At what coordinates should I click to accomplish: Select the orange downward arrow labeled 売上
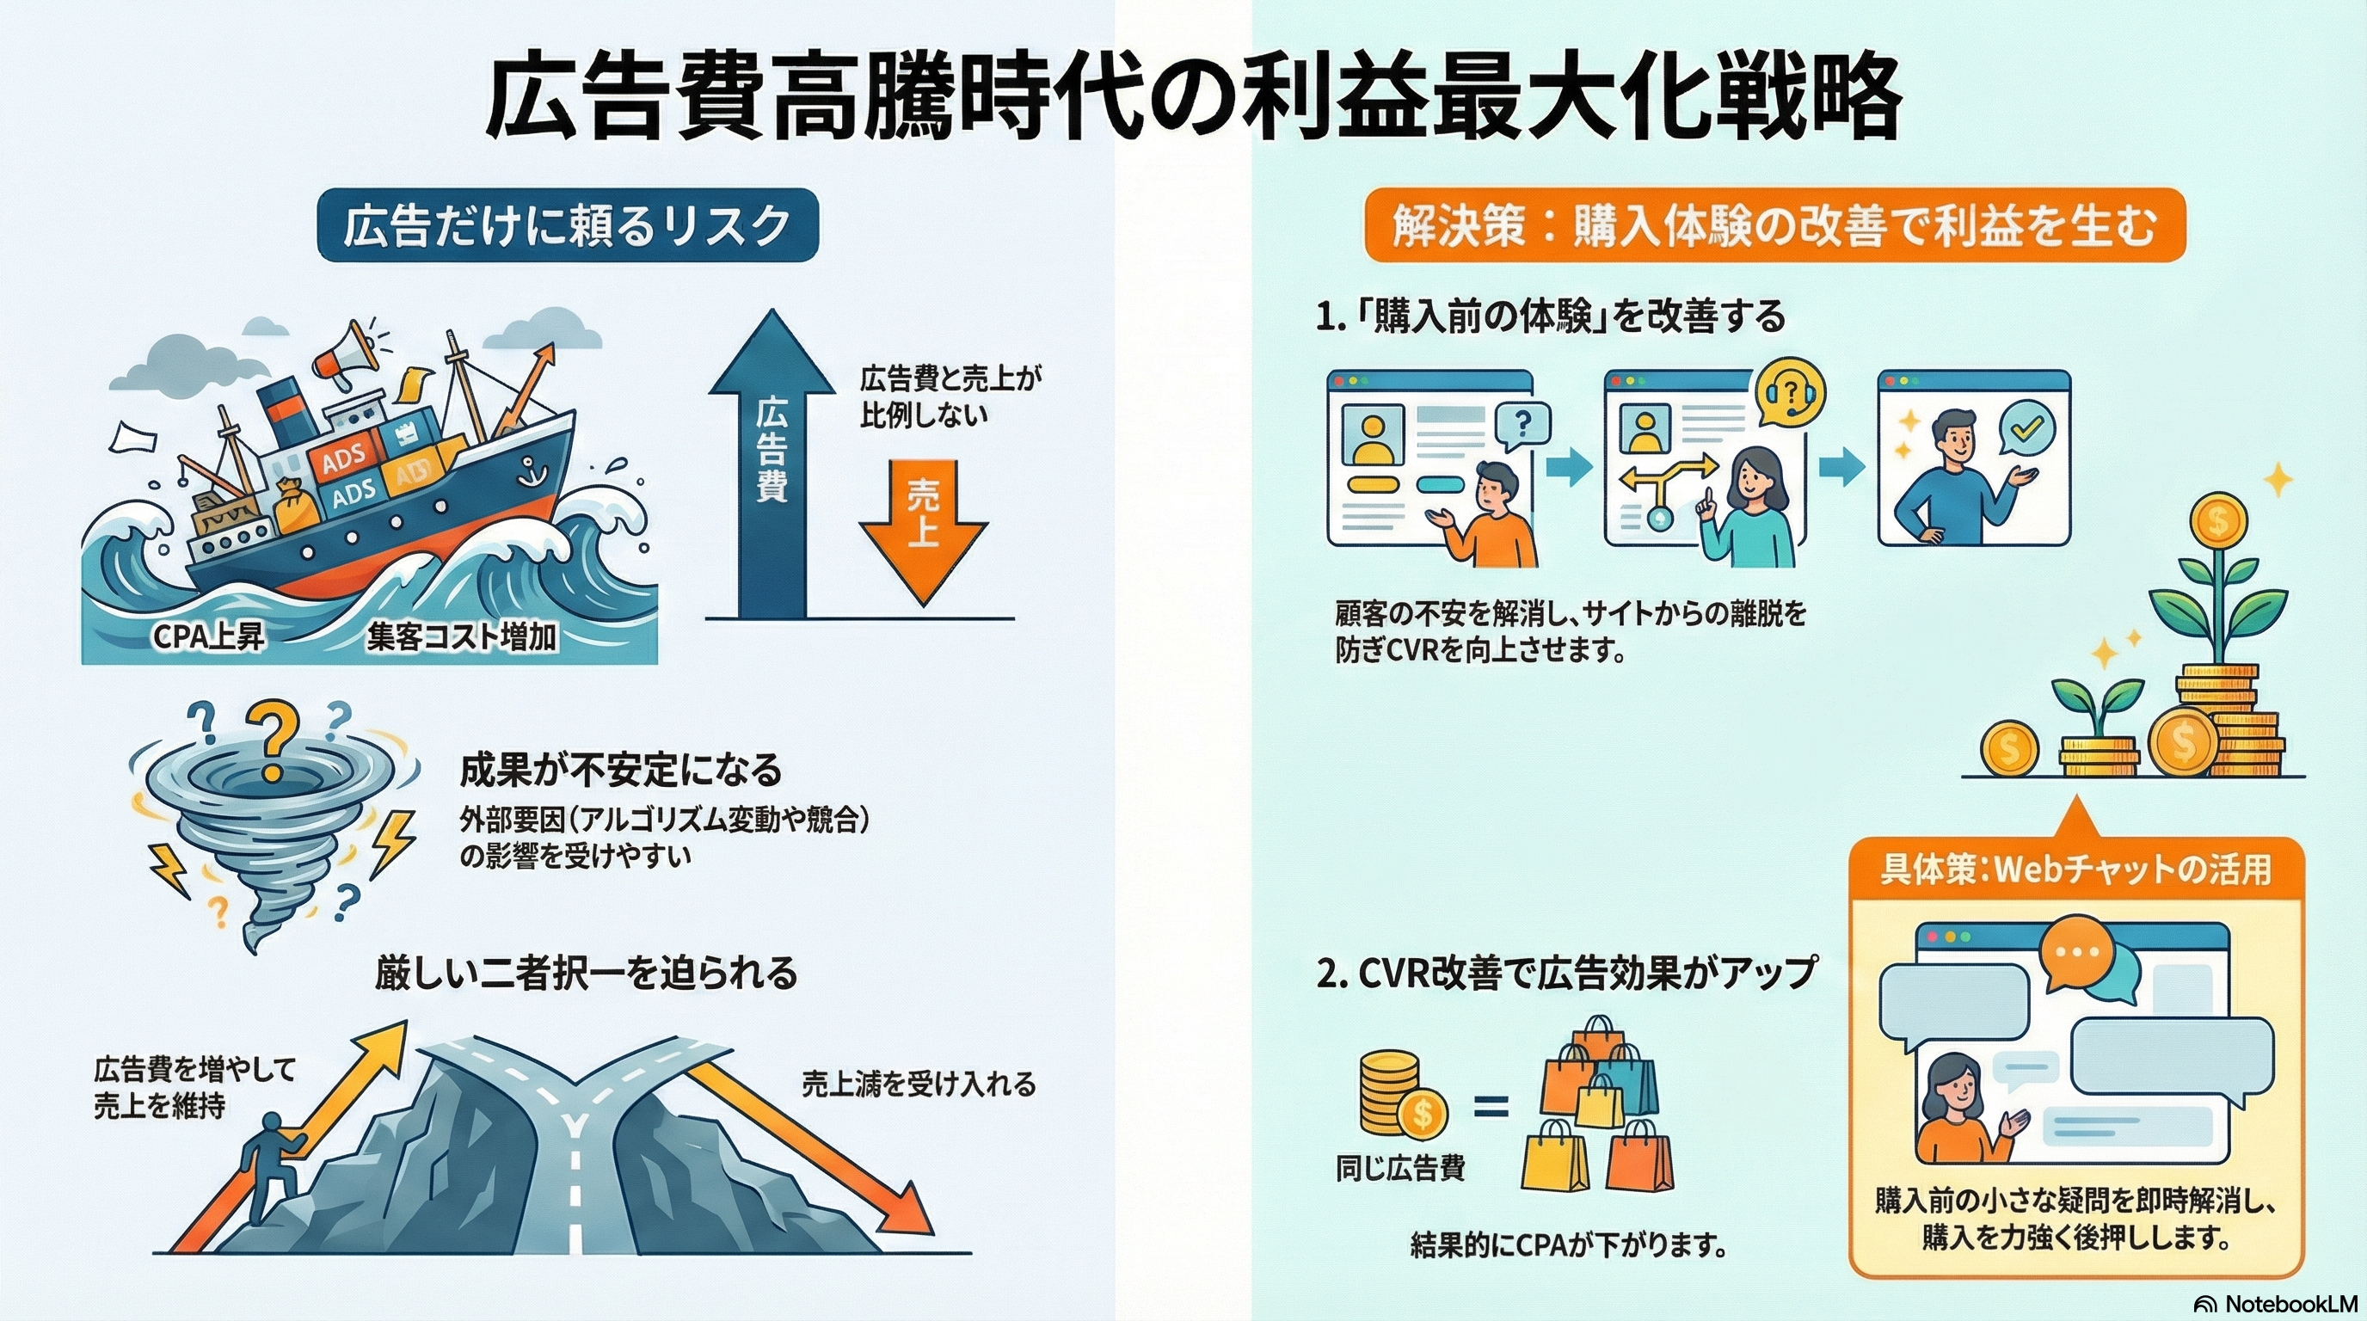pyautogui.click(x=923, y=529)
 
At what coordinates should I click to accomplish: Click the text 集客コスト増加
pyautogui.click(x=461, y=636)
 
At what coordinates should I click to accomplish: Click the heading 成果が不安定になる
pyautogui.click(x=620, y=770)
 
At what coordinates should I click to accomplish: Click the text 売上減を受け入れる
pyautogui.click(x=918, y=1084)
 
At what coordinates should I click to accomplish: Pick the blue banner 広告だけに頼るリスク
pyautogui.click(x=567, y=226)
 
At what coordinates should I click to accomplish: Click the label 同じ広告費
pyautogui.click(x=1399, y=1169)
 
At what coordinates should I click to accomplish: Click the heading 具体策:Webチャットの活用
pyautogui.click(x=2075, y=869)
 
